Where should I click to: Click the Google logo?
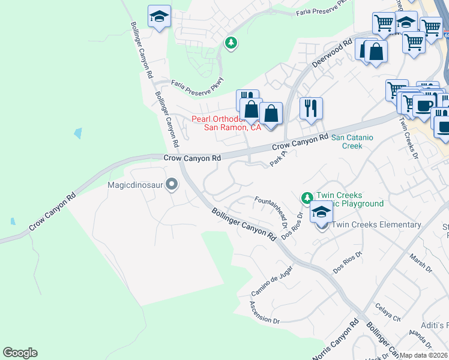coord(20,353)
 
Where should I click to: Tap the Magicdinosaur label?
coord(136,185)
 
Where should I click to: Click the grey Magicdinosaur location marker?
coord(172,184)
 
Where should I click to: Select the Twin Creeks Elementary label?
coord(376,224)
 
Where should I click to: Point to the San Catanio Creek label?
coord(352,142)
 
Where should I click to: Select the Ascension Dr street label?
coord(265,313)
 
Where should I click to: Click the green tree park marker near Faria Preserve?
coord(231,43)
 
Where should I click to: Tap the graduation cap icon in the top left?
coord(159,16)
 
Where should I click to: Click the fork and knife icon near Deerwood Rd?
coord(311,108)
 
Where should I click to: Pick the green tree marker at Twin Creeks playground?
coord(307,197)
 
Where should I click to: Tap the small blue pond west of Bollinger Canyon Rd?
coord(77,133)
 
